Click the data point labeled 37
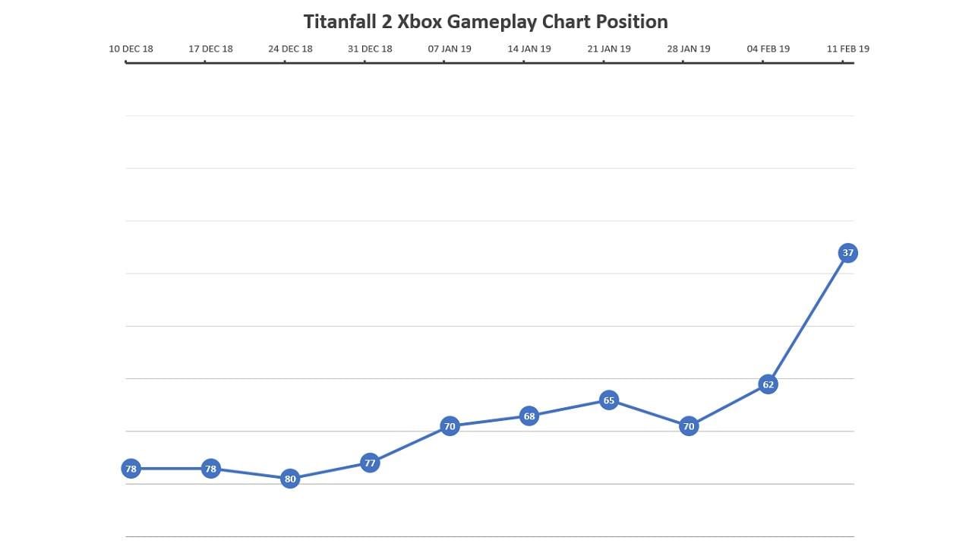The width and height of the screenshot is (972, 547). pos(847,253)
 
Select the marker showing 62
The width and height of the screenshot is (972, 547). pos(768,384)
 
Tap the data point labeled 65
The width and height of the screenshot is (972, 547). pos(608,400)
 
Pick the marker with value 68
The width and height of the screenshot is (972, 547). pos(529,416)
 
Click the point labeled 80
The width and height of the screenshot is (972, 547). pos(290,479)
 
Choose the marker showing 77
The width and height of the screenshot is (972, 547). pos(370,463)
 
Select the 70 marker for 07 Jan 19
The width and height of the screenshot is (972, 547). pos(450,426)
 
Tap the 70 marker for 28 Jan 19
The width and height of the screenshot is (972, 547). pos(688,426)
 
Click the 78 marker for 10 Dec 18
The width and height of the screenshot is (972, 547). pos(131,469)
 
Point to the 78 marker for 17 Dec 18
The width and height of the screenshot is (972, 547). pos(210,469)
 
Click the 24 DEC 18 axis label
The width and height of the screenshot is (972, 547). pos(290,49)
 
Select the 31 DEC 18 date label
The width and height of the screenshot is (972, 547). pos(370,49)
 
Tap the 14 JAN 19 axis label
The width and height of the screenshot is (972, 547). pos(529,49)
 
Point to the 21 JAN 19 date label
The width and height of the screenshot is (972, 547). pos(609,49)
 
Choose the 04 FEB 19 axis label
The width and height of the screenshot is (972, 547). pos(768,49)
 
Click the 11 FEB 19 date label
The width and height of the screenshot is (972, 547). pos(847,49)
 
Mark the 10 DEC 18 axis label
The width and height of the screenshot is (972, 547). pos(131,49)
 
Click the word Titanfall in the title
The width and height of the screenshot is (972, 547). pos(339,21)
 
